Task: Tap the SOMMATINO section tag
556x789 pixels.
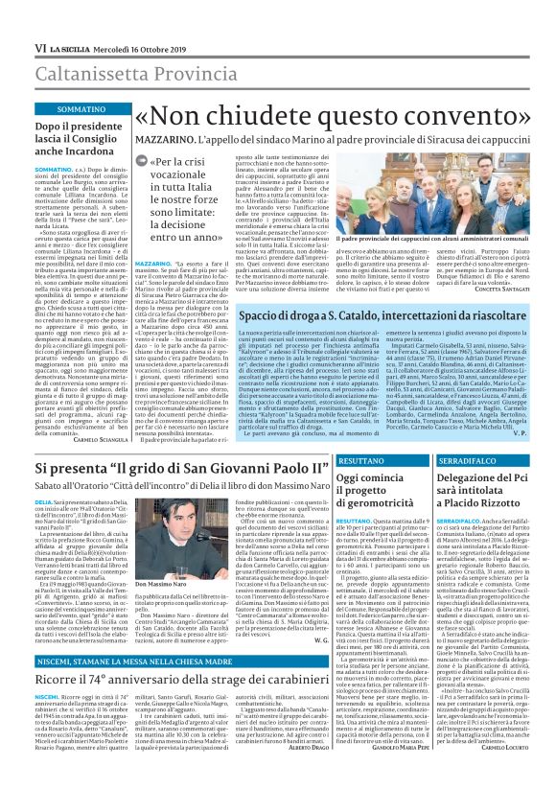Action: click(x=60, y=109)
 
